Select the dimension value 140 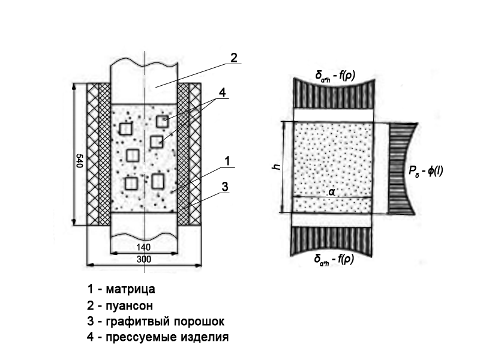(x=143, y=248)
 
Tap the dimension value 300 (x=143, y=259)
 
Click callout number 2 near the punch (x=233, y=58)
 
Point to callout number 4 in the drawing (x=222, y=93)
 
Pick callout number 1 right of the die (x=227, y=160)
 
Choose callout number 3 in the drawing (x=224, y=187)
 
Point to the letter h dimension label (x=276, y=166)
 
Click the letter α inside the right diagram (x=332, y=191)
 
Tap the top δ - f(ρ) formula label (x=334, y=76)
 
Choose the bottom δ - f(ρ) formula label (x=334, y=259)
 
